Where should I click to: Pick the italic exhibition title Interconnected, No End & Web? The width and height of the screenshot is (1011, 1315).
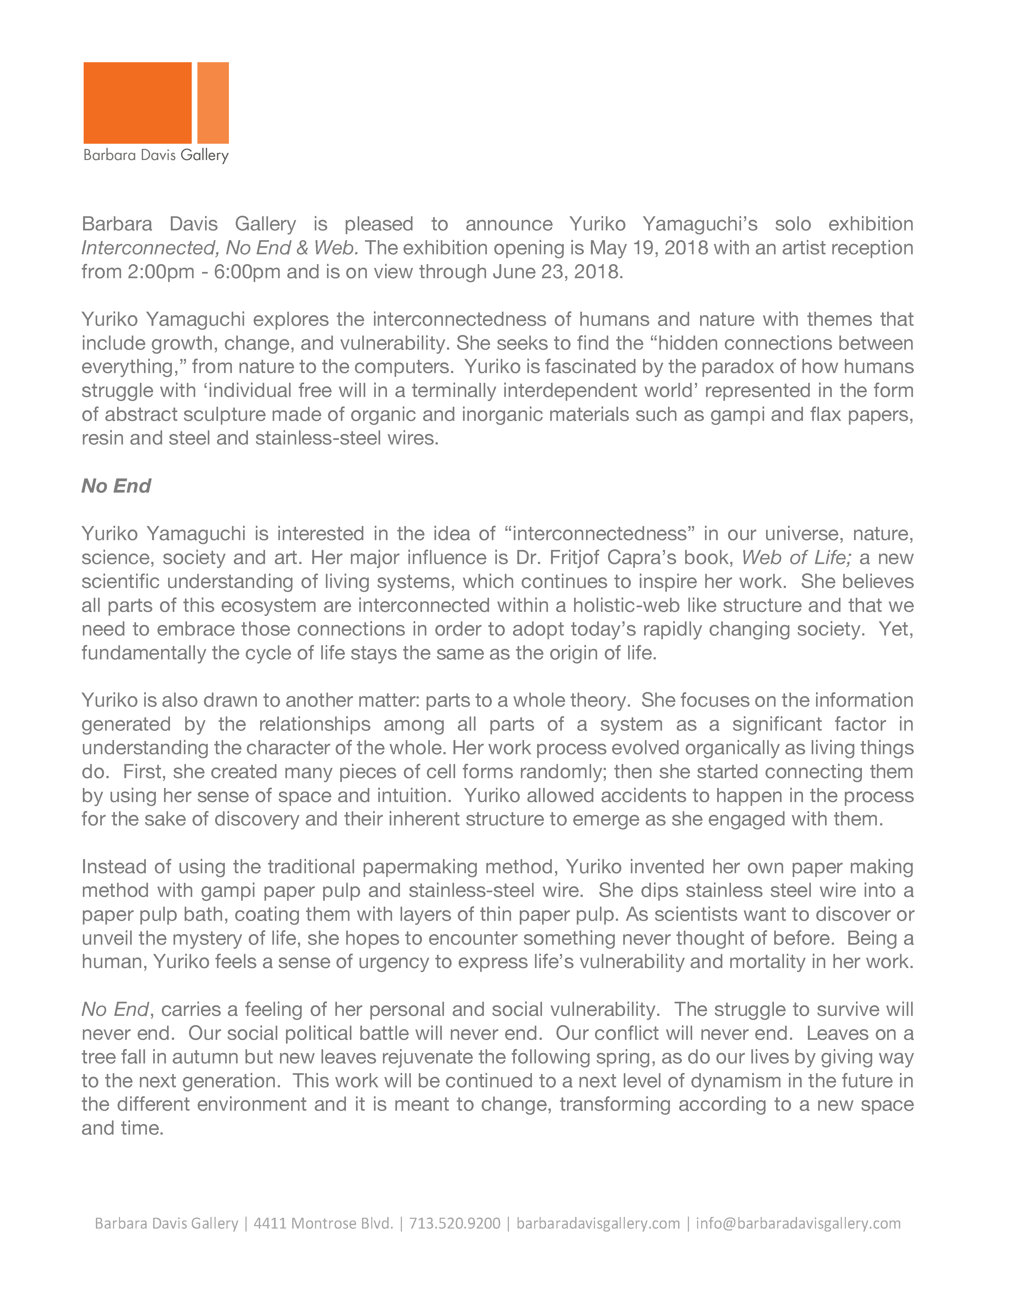pyautogui.click(x=220, y=248)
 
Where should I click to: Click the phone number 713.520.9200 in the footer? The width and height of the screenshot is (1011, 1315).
pyautogui.click(x=455, y=1223)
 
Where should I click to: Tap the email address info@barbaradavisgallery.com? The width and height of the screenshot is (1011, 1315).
pyautogui.click(x=798, y=1223)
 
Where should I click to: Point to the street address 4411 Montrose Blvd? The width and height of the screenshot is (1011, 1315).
pyautogui.click(x=324, y=1223)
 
